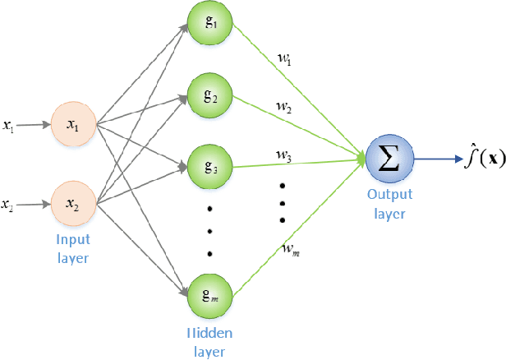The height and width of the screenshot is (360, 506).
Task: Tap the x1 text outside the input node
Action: (x=9, y=126)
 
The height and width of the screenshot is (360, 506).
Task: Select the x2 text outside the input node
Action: (x=9, y=201)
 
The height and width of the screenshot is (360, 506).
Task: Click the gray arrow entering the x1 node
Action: (x=35, y=126)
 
